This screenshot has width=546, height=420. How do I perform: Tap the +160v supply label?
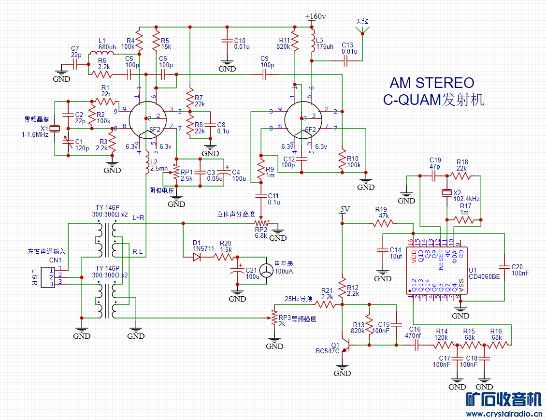click(316, 16)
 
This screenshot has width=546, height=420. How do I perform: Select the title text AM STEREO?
click(432, 83)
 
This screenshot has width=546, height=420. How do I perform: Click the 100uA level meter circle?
click(266, 271)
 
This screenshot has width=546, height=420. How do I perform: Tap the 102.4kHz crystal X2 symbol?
click(447, 193)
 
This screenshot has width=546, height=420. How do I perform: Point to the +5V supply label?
click(342, 209)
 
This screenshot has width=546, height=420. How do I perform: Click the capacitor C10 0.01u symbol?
click(226, 41)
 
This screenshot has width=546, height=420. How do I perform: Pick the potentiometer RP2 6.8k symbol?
click(261, 223)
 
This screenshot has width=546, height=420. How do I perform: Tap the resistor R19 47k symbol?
click(383, 223)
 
